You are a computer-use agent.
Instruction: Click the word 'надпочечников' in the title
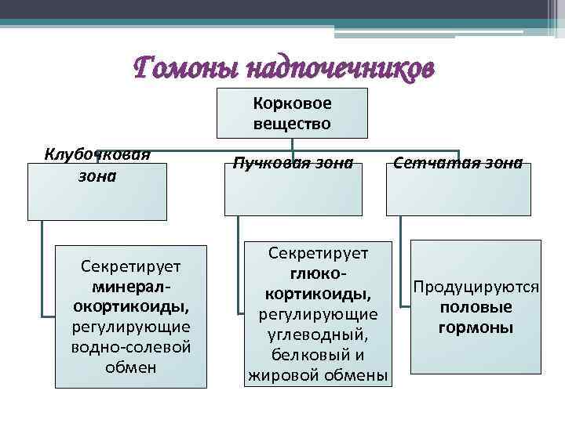[x=338, y=69]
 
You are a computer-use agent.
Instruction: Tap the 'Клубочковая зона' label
[x=97, y=164]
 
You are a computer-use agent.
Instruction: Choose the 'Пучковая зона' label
[x=293, y=164]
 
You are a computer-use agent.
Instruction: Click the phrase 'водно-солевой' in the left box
[x=131, y=345]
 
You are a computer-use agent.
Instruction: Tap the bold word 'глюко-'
[x=319, y=273]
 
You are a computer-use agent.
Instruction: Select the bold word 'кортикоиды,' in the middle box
[x=319, y=293]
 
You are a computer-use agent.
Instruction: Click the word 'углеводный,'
[x=319, y=334]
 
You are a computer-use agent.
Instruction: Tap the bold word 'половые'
[x=476, y=307]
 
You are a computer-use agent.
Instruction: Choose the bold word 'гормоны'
[x=476, y=327]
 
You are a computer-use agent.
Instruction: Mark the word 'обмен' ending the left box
[x=131, y=366]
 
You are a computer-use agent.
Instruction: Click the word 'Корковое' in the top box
[x=292, y=103]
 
